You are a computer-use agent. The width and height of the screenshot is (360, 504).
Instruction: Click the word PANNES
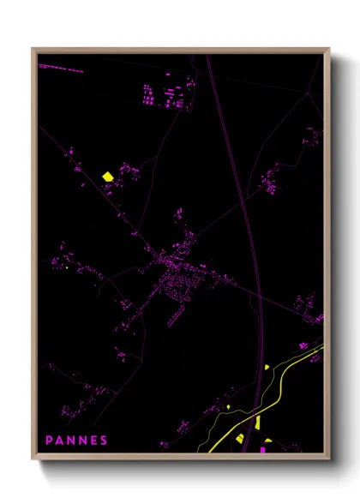tap(77, 441)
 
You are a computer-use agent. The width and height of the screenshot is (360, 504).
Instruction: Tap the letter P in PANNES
tap(50, 441)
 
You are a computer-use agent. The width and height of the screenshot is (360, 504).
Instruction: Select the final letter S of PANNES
tap(105, 441)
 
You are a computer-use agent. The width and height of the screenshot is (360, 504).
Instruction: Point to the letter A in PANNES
tap(60, 441)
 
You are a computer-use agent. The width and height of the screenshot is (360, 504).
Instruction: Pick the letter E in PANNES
tap(93, 441)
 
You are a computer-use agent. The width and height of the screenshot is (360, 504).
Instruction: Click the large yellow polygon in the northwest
tap(108, 176)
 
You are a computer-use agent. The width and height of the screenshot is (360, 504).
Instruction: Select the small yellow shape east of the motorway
tap(267, 367)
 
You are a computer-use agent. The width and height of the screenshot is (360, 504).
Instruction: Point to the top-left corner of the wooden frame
tap(33, 50)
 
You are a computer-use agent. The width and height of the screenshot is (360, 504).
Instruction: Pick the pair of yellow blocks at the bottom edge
tap(249, 441)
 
